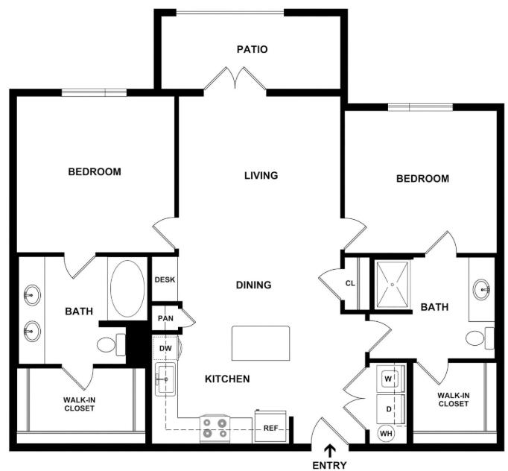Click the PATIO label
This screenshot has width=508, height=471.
tap(252, 50)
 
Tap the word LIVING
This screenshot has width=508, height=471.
tap(261, 175)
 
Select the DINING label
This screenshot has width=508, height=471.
tap(254, 285)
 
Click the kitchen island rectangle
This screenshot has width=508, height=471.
tap(261, 343)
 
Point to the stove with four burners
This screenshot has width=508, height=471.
tap(215, 429)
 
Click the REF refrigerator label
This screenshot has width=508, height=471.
tap(271, 429)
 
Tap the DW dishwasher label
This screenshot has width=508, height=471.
tap(165, 349)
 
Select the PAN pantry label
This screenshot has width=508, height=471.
tap(165, 318)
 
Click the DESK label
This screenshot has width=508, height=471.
tap(165, 279)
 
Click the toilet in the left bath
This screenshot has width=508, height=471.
tap(111, 344)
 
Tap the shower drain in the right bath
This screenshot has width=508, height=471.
tap(393, 285)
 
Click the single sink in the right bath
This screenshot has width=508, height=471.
tap(481, 289)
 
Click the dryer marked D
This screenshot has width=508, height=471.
tap(390, 409)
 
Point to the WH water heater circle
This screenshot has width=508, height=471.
tap(386, 434)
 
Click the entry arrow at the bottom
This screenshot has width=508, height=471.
tap(330, 451)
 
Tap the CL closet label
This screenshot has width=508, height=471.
tap(350, 283)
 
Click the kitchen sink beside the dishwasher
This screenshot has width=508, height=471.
tap(165, 379)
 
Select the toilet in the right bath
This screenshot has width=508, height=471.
tap(480, 338)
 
